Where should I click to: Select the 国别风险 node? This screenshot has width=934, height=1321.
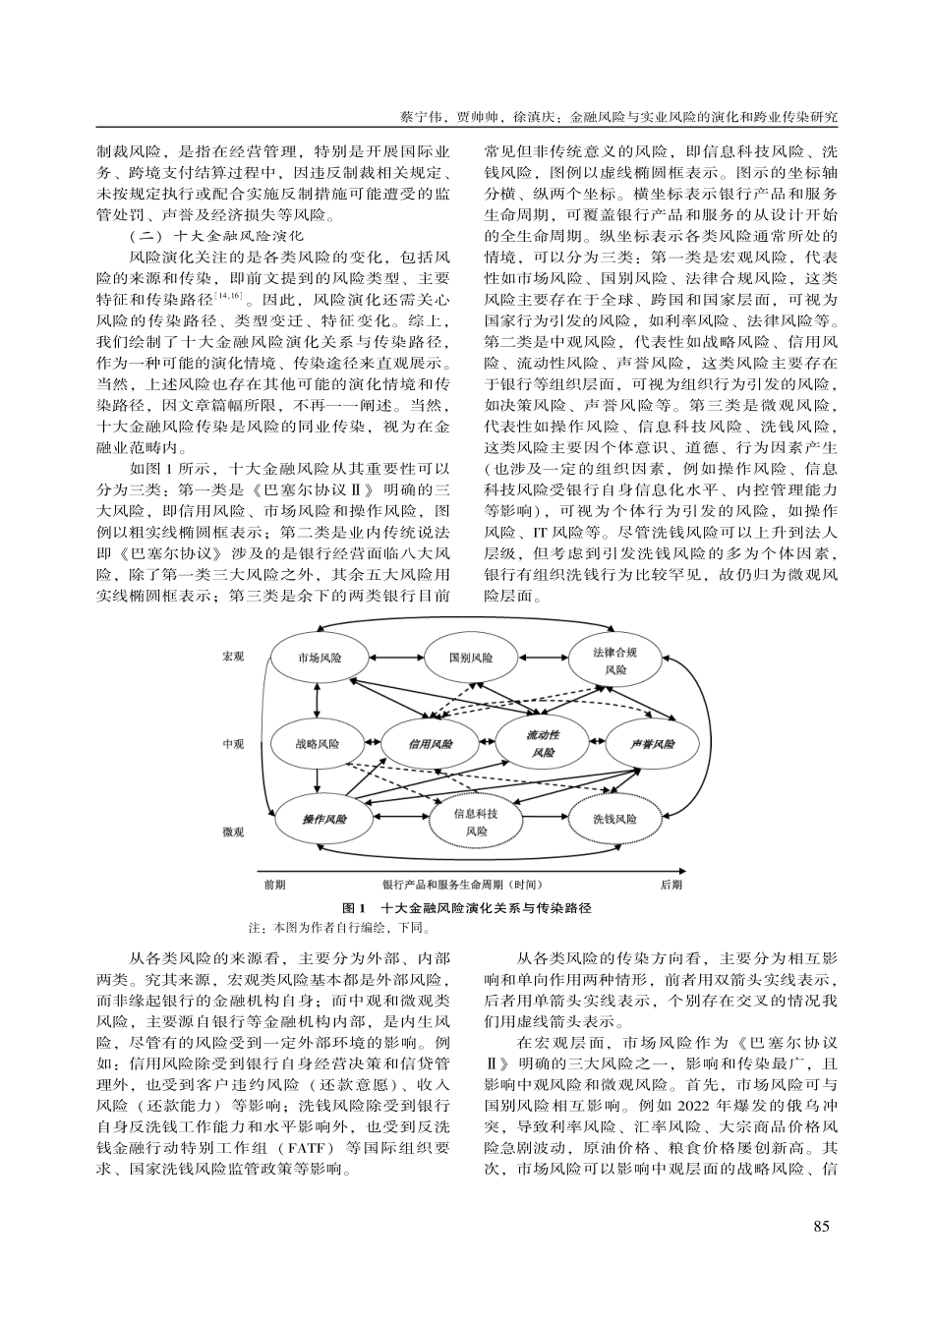[x=469, y=658]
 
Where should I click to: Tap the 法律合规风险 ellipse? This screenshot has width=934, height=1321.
[x=614, y=660]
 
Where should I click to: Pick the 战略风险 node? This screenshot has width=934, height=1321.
[x=317, y=744]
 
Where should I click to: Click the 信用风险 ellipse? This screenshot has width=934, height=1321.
[x=431, y=744]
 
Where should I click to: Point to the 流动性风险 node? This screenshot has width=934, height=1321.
[x=542, y=743]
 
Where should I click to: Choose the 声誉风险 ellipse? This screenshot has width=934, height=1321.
[x=653, y=744]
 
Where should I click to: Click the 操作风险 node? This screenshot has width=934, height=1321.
[x=324, y=818]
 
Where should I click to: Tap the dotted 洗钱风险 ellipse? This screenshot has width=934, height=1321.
[x=614, y=818]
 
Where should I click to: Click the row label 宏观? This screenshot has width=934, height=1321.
[x=233, y=656]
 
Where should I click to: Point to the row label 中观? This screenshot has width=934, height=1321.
[x=233, y=744]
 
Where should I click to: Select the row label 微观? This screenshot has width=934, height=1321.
[x=233, y=832]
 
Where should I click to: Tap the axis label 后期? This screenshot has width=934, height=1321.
[x=671, y=885]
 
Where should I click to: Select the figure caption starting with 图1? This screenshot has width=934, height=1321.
[x=466, y=907]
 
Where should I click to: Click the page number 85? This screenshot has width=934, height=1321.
[x=823, y=1226]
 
